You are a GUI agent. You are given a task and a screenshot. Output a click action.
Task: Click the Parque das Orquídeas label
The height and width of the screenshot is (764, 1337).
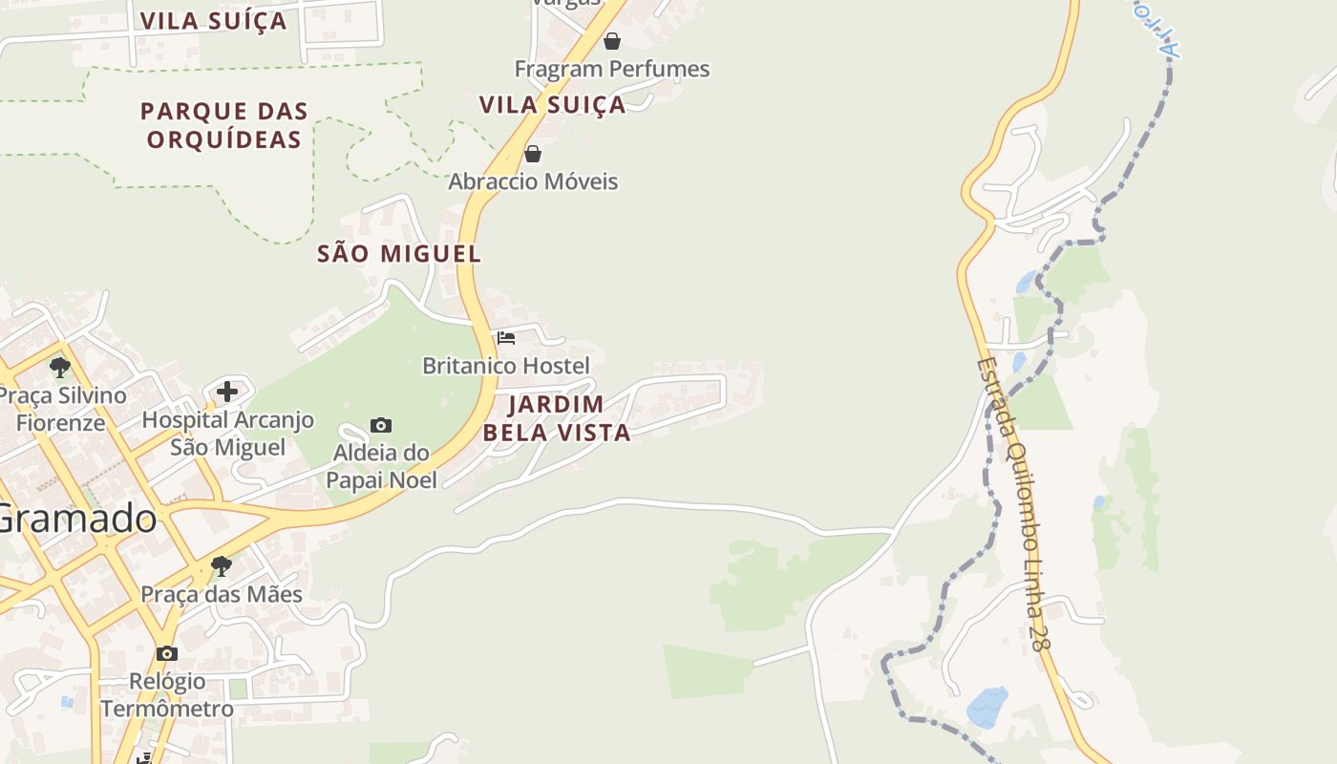coord(224,125)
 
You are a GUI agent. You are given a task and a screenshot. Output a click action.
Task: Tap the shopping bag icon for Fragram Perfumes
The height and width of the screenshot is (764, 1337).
coord(612,41)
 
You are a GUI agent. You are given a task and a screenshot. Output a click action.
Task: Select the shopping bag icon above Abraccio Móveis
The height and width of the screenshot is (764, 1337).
coord(533,154)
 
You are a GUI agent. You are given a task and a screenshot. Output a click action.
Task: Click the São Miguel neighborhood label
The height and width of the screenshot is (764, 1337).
coord(399,254)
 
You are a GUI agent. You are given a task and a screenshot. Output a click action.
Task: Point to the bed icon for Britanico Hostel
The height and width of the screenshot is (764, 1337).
coord(506,338)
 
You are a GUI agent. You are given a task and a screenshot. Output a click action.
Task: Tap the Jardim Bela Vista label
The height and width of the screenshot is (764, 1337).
coord(557,418)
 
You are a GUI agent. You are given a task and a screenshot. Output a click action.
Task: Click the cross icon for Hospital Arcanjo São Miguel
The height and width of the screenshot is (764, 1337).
coord(227,391)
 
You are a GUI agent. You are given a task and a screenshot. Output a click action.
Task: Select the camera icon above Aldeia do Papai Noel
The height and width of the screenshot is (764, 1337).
coord(381,425)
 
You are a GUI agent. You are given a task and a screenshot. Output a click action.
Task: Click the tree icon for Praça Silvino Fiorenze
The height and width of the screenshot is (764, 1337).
coord(60,367)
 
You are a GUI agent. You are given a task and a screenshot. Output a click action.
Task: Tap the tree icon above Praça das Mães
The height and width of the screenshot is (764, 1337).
coord(222,566)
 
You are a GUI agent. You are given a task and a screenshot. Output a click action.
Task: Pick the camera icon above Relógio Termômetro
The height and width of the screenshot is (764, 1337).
coord(167,653)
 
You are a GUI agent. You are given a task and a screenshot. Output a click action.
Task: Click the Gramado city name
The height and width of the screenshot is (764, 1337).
coord(76,519)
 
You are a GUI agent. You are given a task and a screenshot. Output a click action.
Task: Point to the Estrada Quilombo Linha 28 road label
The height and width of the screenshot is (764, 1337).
coord(1013,506)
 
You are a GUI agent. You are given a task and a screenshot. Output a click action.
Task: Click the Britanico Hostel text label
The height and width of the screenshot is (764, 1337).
coord(506,366)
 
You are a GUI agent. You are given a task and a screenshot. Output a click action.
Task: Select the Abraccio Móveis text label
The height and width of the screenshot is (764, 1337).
coord(534,181)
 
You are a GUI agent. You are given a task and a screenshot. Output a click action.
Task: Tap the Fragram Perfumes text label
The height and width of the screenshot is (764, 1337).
coord(612,69)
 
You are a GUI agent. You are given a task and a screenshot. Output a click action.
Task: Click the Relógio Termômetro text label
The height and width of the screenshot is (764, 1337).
coord(167,694)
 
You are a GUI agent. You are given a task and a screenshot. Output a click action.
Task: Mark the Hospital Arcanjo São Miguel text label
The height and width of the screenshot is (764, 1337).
coord(227,434)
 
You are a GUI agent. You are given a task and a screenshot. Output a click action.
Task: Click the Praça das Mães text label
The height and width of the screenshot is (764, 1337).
coord(222,594)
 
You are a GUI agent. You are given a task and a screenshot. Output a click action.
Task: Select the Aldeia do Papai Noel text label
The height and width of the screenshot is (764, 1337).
coord(381,466)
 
